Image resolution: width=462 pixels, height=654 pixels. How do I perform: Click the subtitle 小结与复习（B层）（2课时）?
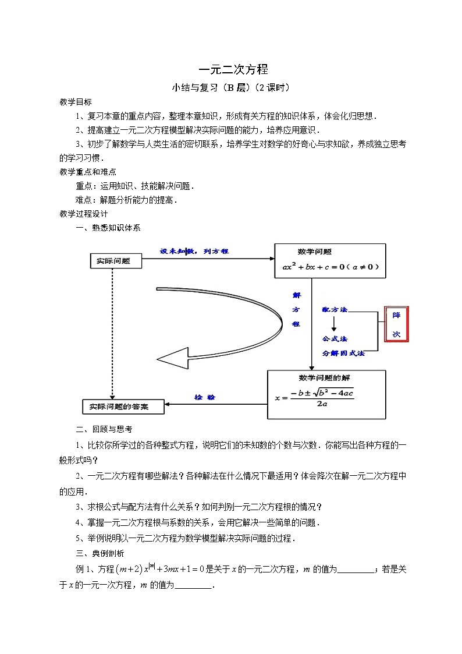tap(230, 89)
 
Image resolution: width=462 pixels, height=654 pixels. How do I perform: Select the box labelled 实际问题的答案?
tap(123, 406)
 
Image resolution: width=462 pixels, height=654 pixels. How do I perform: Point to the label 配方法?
tap(335, 310)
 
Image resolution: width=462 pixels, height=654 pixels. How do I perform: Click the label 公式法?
tap(335, 338)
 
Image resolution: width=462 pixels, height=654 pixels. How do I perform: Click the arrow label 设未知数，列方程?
tap(194, 252)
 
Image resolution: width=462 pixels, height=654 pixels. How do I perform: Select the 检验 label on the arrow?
tap(204, 397)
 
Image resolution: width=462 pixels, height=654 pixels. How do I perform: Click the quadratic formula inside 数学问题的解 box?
tap(315, 398)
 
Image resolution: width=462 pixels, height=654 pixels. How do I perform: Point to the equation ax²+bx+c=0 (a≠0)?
tap(330, 267)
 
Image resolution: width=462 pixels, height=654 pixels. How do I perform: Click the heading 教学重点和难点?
tap(88, 172)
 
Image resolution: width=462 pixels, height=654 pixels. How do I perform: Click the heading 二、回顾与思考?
tap(104, 429)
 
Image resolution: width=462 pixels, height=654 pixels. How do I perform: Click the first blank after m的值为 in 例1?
tap(356, 570)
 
